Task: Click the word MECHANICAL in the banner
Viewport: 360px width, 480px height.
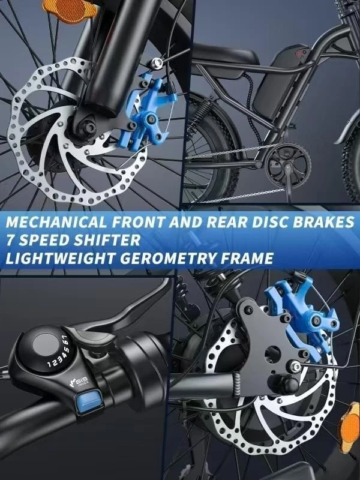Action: click(x=56, y=221)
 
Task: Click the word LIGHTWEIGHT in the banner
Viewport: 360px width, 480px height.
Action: click(x=60, y=258)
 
